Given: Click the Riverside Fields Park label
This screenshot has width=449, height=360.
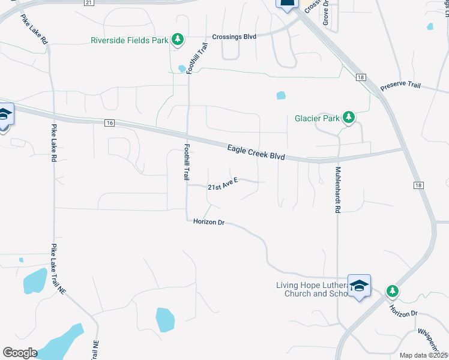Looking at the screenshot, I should point(129,41).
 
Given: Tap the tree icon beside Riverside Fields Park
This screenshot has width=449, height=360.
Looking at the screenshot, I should point(177,40).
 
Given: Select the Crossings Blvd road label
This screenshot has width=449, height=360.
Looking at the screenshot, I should point(234,37).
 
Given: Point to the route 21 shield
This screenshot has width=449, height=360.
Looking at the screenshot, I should point(89,3).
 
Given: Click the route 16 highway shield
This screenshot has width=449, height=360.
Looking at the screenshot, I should point(109,123).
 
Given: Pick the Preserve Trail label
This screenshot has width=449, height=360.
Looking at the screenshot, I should point(402,85).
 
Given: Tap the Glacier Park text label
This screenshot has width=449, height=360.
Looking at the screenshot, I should point(318,118).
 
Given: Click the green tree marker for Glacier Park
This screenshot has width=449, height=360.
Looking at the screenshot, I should point(349,118).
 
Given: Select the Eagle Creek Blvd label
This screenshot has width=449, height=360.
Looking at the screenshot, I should point(256,151).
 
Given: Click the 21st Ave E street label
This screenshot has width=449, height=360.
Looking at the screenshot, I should point(223,187).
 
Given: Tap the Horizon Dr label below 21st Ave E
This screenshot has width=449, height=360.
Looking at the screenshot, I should point(209,222).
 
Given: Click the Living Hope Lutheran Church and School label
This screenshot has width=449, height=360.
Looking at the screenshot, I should point(311,289).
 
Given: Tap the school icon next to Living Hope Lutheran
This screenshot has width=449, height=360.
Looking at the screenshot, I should point(359,286).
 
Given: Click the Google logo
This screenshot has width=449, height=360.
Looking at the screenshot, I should point(20,353).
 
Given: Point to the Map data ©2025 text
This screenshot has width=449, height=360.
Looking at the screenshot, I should point(423,355).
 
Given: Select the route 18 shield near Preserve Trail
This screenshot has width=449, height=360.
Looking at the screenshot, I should point(360,77).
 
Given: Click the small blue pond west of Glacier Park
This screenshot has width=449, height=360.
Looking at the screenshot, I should point(281,95).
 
